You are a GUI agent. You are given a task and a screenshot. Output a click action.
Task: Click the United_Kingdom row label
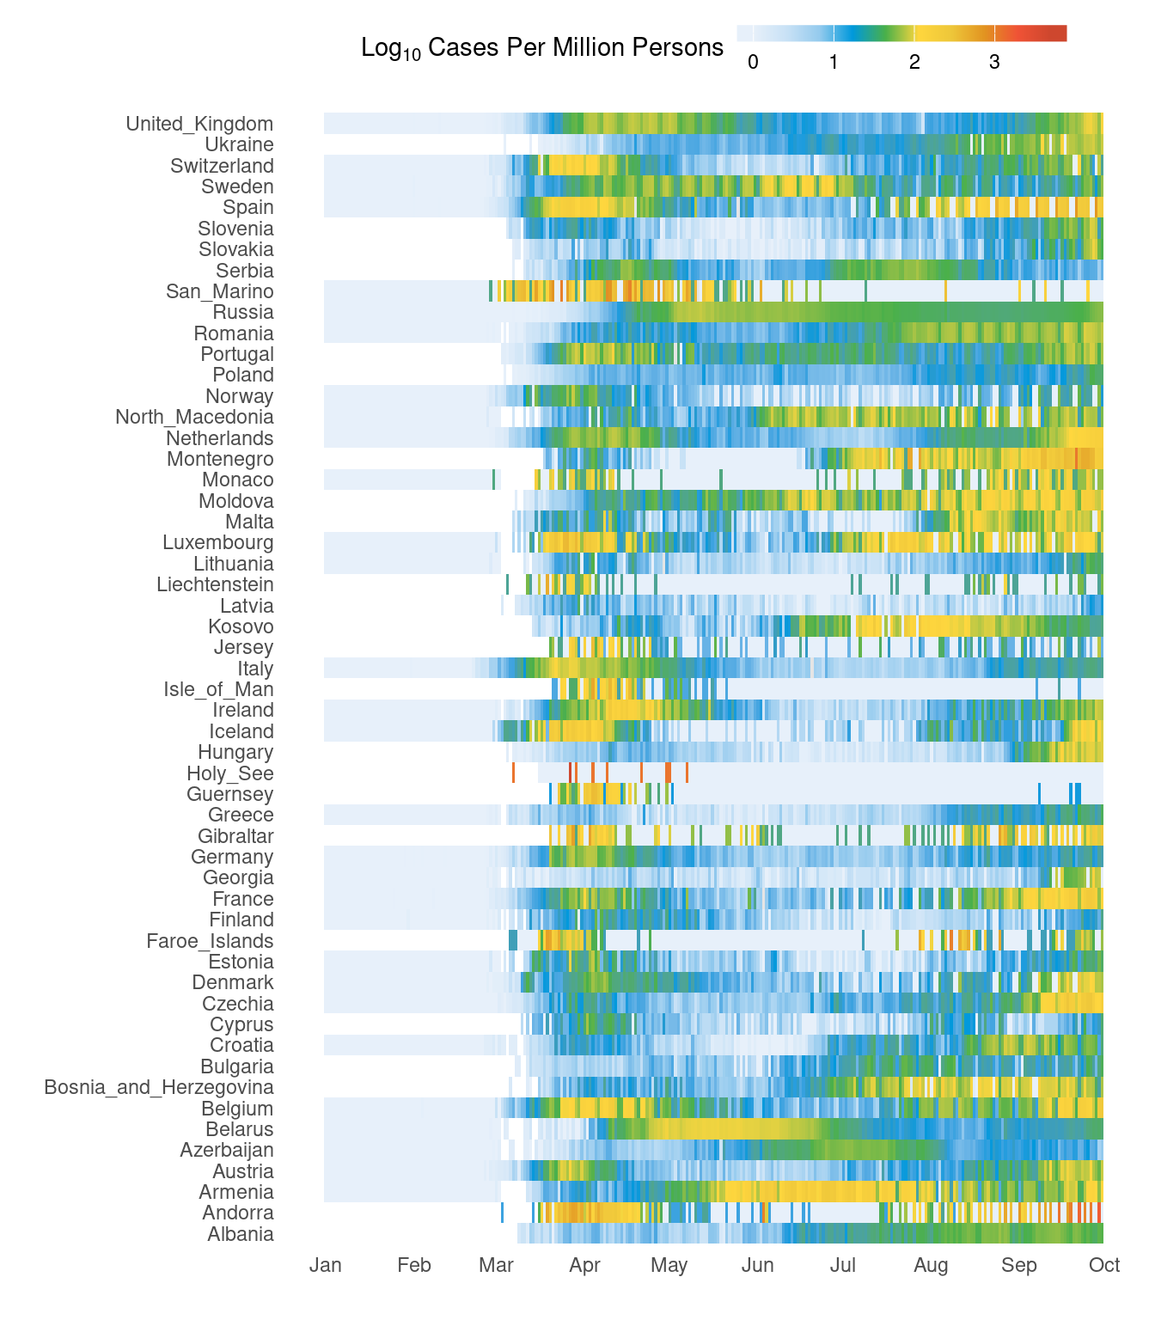click(199, 124)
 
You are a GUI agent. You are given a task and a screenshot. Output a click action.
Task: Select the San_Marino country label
click(220, 291)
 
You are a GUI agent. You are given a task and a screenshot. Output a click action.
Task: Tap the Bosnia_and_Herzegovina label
click(159, 1087)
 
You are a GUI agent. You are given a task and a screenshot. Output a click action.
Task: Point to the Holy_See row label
click(230, 773)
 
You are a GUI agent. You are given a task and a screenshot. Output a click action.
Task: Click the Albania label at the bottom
click(241, 1234)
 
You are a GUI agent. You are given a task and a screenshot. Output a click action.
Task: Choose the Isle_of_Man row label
click(218, 689)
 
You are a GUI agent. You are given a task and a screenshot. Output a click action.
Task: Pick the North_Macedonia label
click(194, 417)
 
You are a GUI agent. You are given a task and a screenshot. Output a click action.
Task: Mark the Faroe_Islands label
click(210, 941)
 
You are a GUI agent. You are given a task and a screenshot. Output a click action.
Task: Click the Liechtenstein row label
click(215, 584)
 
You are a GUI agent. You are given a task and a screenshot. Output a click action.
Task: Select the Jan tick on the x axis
click(326, 1265)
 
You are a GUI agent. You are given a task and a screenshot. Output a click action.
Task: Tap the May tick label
click(669, 1265)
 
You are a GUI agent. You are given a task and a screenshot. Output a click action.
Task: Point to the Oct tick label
click(1104, 1265)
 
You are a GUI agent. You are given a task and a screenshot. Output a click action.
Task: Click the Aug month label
click(931, 1265)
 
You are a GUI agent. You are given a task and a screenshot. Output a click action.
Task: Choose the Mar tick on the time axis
click(497, 1265)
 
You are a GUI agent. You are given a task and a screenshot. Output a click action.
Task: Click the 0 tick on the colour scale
click(753, 62)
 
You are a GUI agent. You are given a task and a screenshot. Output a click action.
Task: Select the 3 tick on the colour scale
click(994, 62)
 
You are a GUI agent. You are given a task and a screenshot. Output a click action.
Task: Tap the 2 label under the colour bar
click(914, 62)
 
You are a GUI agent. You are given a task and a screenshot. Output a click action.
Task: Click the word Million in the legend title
click(575, 47)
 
